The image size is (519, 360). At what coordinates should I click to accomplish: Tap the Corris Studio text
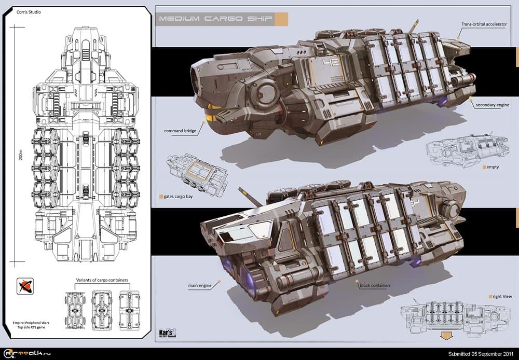pyautogui.click(x=30, y=11)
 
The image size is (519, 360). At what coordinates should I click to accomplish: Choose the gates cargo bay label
pyautogui.click(x=180, y=197)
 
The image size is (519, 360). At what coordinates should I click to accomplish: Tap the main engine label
pyautogui.click(x=200, y=285)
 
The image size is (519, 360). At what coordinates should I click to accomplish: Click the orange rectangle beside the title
pyautogui.click(x=281, y=20)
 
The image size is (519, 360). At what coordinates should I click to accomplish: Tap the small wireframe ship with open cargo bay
pyautogui.click(x=196, y=175)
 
